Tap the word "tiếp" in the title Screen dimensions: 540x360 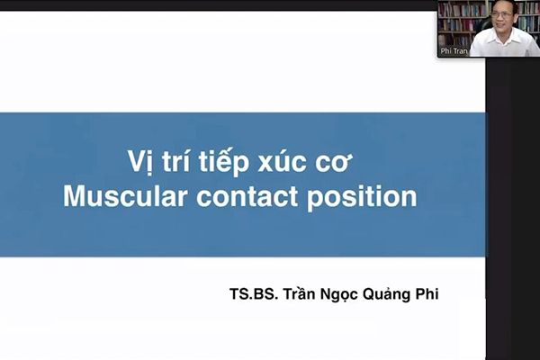(x=224, y=162)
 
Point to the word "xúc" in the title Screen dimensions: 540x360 (x=282, y=161)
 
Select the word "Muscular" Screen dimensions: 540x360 (x=125, y=196)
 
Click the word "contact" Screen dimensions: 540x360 (x=247, y=197)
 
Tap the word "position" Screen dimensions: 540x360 (x=362, y=198)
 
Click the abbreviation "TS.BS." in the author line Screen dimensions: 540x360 (x=254, y=294)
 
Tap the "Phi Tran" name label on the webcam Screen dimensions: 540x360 (x=454, y=51)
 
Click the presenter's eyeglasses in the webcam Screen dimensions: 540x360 (x=502, y=14)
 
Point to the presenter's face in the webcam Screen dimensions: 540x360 (x=502, y=18)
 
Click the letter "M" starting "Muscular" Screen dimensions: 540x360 (x=74, y=196)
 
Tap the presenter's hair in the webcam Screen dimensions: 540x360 (x=503, y=4)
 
